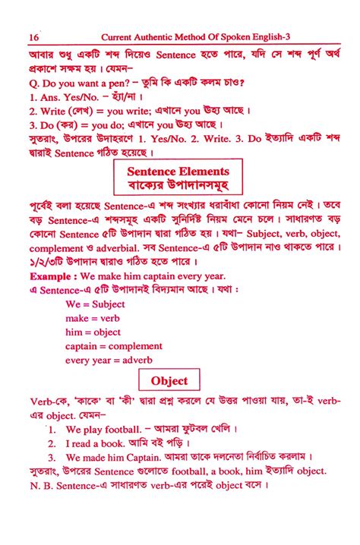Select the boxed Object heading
(x=174, y=380)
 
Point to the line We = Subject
(x=95, y=304)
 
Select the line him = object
(x=93, y=332)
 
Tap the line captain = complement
(x=114, y=346)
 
